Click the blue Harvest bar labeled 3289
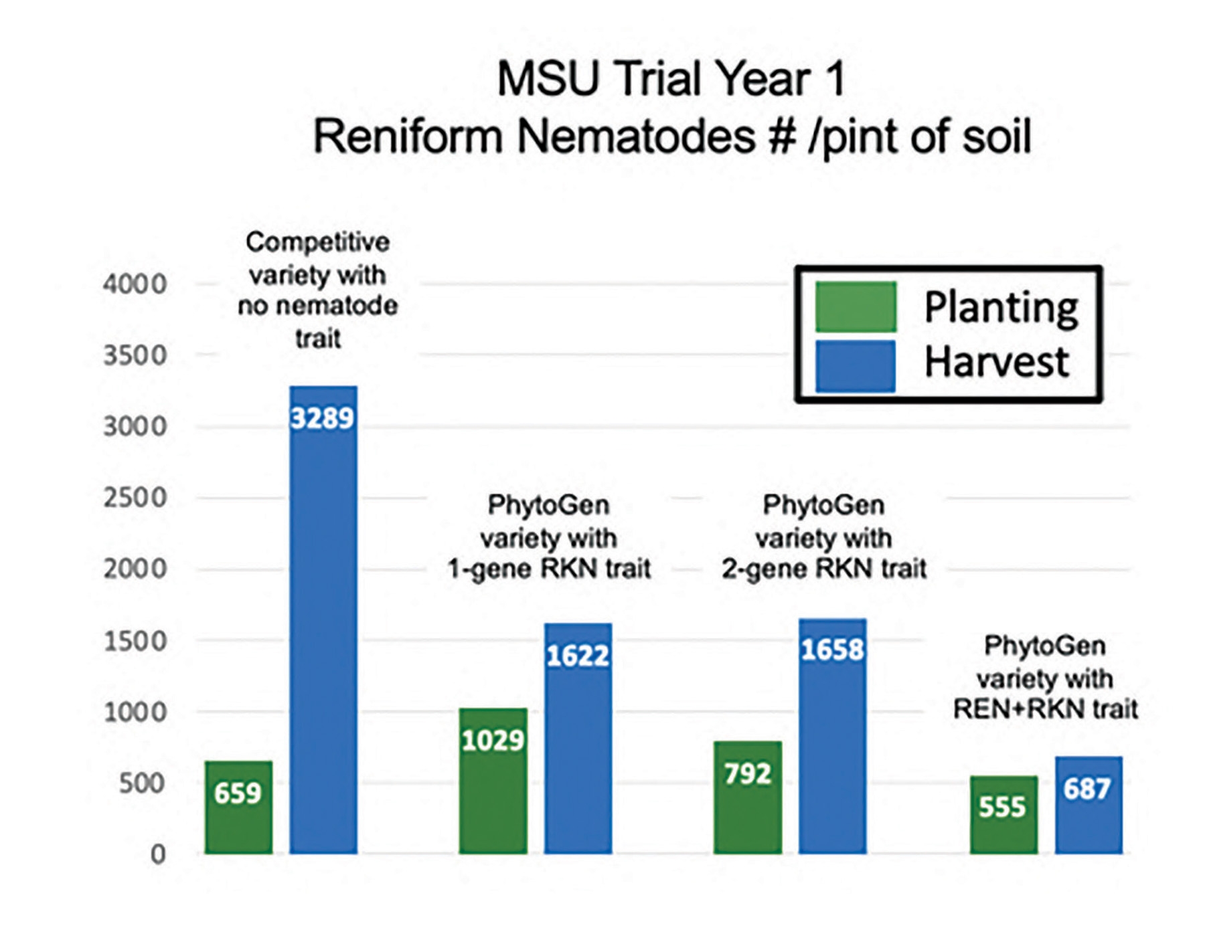click(x=323, y=619)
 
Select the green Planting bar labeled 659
click(x=238, y=807)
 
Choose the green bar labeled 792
click(x=747, y=797)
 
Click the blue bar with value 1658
click(x=832, y=736)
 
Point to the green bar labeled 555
click(x=1003, y=814)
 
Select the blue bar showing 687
click(x=1089, y=805)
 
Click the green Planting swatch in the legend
click(x=856, y=306)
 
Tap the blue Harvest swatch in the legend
click(x=856, y=366)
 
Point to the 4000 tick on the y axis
click(x=135, y=284)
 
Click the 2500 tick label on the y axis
click(x=135, y=498)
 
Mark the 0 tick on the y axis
click(x=157, y=854)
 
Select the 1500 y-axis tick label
click(x=135, y=641)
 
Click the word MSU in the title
click(x=548, y=79)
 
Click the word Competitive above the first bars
click(x=317, y=242)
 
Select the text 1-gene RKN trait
click(x=549, y=569)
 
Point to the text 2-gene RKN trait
click(x=824, y=569)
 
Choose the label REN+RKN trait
click(x=1045, y=709)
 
